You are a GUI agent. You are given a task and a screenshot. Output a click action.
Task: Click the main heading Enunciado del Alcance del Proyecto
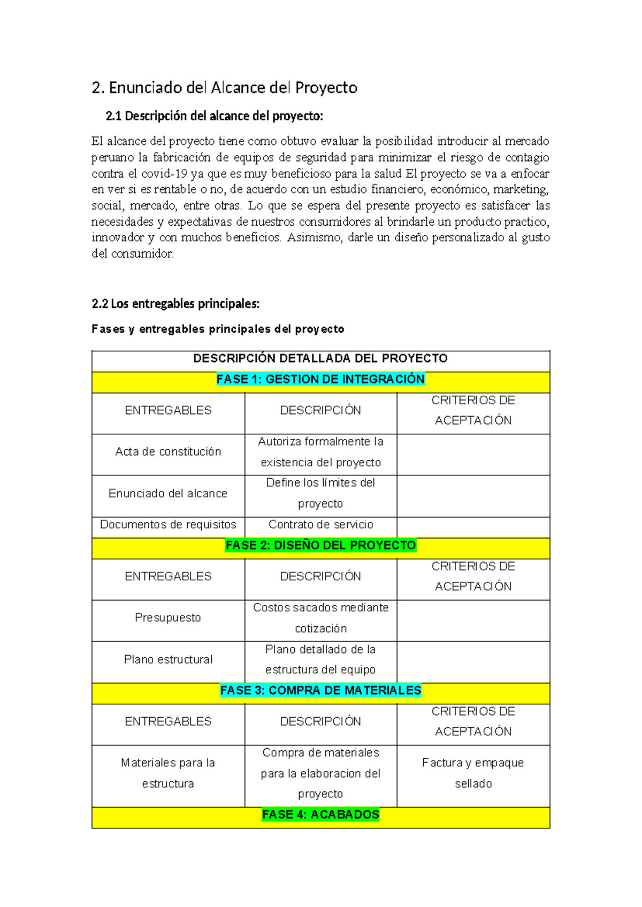(x=225, y=88)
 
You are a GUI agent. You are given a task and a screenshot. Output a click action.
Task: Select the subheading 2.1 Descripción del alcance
(x=215, y=116)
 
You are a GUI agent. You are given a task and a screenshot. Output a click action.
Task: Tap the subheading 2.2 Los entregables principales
(x=175, y=304)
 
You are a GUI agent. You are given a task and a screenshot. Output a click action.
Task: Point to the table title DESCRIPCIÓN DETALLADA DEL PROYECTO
(x=320, y=358)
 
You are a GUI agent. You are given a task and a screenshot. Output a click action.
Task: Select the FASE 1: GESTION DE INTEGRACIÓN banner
(x=320, y=379)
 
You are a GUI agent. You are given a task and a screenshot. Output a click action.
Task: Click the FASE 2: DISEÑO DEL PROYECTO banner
(x=320, y=545)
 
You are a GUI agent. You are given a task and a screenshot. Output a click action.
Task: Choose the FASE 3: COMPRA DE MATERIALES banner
(x=320, y=690)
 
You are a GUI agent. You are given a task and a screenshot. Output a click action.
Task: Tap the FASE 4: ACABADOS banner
(x=320, y=814)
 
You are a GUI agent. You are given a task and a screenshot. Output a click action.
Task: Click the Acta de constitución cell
(x=168, y=452)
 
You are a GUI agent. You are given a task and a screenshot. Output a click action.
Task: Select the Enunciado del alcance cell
(x=168, y=494)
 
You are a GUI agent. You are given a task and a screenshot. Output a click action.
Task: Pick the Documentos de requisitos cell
(x=168, y=525)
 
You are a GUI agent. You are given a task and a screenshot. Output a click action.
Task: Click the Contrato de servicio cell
(x=320, y=525)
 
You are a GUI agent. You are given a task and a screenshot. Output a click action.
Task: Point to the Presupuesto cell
(x=168, y=618)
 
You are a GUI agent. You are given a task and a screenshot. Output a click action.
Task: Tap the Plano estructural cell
(x=168, y=659)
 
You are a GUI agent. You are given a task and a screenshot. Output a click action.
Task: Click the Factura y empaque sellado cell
(x=473, y=773)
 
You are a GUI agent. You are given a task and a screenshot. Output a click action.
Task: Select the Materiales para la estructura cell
(x=168, y=773)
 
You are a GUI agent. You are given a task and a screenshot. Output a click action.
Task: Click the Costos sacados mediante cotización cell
(x=320, y=618)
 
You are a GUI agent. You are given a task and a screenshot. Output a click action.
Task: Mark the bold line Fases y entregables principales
(x=218, y=329)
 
